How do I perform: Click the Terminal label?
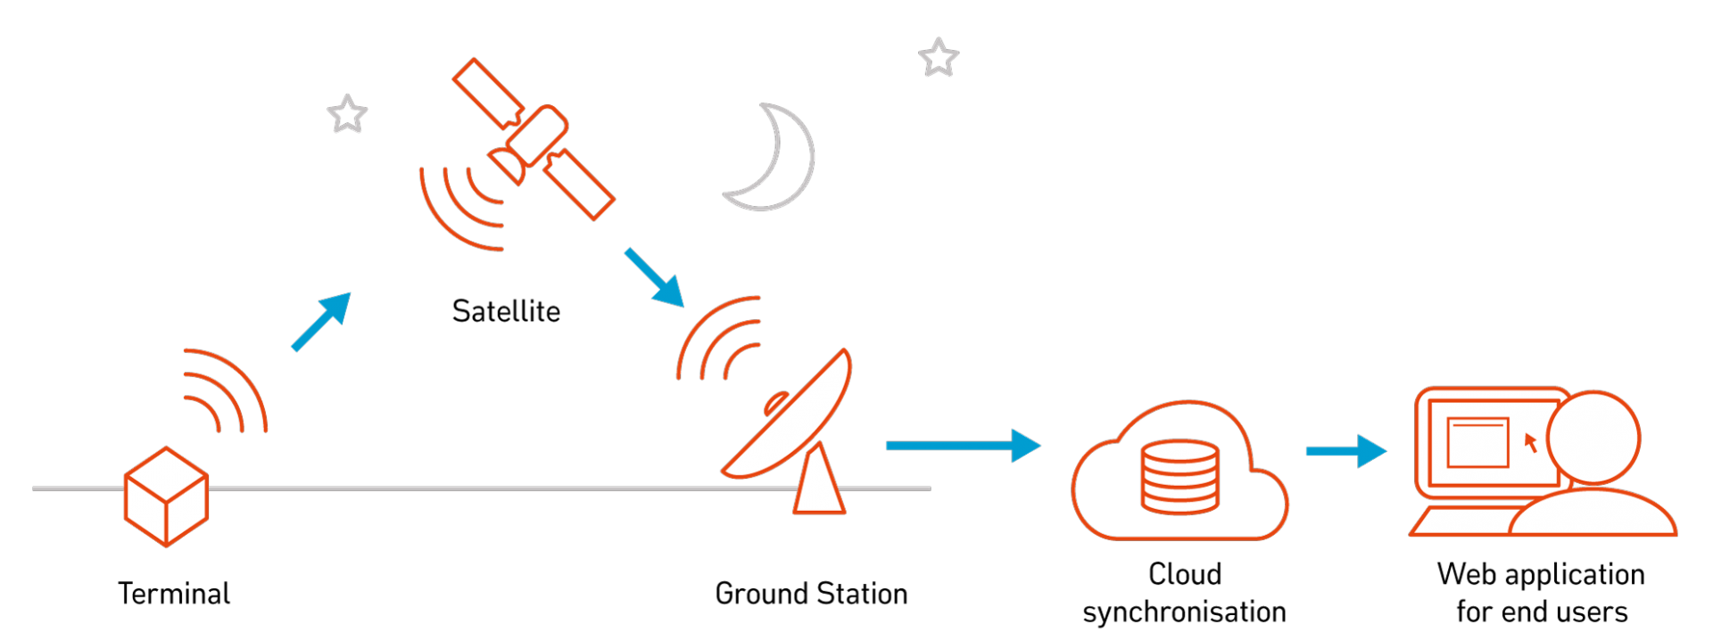click(x=174, y=593)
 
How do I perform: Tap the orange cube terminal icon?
click(x=167, y=497)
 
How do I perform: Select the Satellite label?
click(x=506, y=311)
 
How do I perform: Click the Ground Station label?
click(x=811, y=593)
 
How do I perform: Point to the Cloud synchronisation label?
click(x=1184, y=593)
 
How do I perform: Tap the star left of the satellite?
click(x=347, y=114)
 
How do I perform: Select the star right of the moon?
click(x=939, y=57)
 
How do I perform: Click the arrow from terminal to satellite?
click(x=321, y=321)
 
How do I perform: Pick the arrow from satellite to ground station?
click(x=654, y=277)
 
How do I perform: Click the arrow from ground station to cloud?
click(x=964, y=445)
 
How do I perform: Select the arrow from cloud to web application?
click(x=1346, y=451)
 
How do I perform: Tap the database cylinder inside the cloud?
click(x=1179, y=477)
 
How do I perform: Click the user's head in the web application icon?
click(x=1593, y=438)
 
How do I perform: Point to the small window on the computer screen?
click(x=1477, y=442)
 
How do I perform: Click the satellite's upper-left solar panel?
click(x=488, y=94)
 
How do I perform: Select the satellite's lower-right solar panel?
click(x=579, y=184)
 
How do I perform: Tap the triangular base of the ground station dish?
click(x=819, y=480)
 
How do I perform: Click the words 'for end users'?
click(x=1542, y=612)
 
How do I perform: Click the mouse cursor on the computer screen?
click(x=1530, y=442)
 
